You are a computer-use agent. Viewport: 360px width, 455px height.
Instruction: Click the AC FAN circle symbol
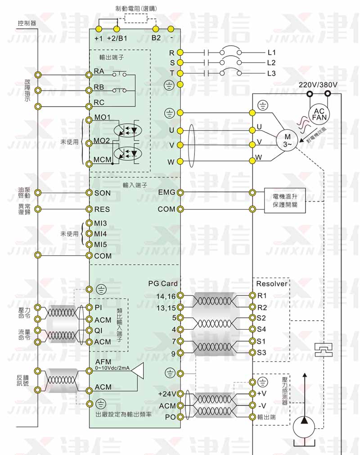318,114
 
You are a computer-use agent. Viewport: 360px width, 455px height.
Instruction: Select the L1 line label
271,52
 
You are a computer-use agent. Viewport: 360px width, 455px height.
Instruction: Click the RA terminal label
99,71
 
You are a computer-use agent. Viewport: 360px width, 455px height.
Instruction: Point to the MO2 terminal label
102,141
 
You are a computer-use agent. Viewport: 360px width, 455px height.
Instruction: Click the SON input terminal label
102,192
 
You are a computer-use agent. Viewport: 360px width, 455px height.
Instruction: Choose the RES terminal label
102,209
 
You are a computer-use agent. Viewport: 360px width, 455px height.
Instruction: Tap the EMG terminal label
166,192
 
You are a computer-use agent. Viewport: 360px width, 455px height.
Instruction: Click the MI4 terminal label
100,234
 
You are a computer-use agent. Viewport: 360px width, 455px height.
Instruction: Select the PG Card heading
163,284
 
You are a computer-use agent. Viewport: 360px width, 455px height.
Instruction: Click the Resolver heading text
271,284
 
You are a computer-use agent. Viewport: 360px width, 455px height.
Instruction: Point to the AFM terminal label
103,362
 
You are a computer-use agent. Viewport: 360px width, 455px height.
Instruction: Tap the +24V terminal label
167,393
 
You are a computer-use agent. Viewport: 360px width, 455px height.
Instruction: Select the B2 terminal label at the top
156,38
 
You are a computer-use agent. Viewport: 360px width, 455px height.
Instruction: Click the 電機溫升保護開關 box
284,201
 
